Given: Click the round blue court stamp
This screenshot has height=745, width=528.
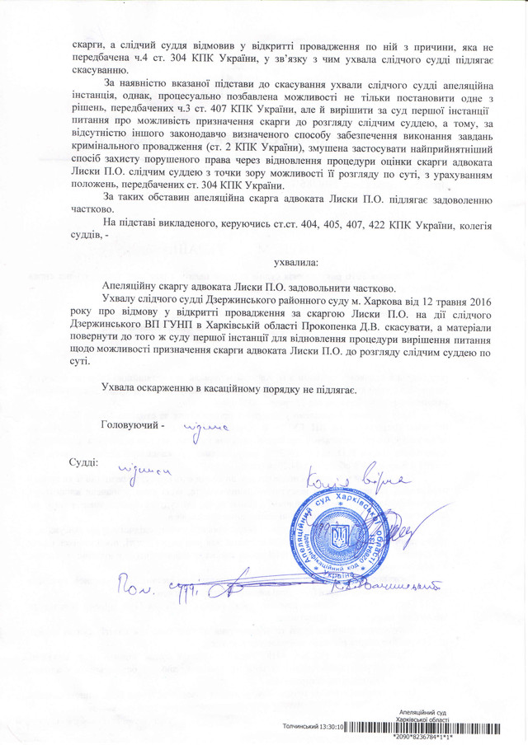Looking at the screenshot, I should (x=339, y=537).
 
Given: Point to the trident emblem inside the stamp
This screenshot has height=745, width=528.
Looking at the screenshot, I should (x=339, y=540).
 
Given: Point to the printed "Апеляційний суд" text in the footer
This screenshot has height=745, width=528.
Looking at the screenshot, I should (x=422, y=710).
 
